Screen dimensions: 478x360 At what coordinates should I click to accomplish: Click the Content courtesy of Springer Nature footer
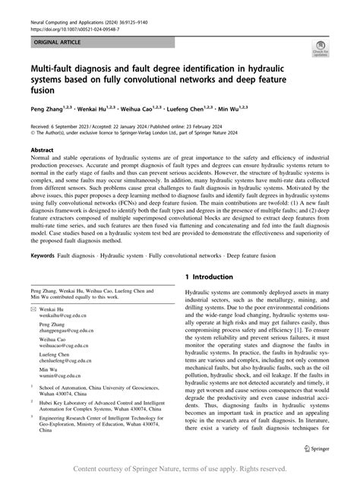(180, 468)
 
